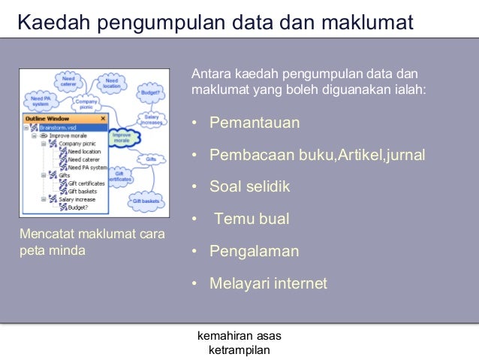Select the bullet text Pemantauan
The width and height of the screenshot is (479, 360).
pyautogui.click(x=255, y=123)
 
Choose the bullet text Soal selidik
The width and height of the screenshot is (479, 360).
pyautogui.click(x=249, y=187)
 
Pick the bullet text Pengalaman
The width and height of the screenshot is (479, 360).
pyautogui.click(x=254, y=251)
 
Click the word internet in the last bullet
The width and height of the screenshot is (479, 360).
pyautogui.click(x=300, y=283)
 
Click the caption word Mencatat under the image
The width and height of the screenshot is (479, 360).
pyautogui.click(x=47, y=235)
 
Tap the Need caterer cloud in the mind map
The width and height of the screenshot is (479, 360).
pyautogui.click(x=68, y=81)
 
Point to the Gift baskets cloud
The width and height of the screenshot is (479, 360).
pyautogui.click(x=146, y=201)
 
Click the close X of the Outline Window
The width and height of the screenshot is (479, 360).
pyautogui.click(x=103, y=119)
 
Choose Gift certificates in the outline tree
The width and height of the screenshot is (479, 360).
pyautogui.click(x=85, y=183)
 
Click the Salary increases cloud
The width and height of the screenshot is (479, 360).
pyautogui.click(x=151, y=119)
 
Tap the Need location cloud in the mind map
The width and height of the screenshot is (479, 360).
pyautogui.click(x=111, y=83)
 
